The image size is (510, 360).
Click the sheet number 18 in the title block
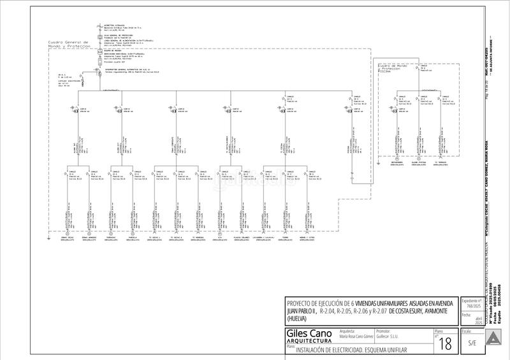click(446, 344)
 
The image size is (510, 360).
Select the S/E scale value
click(471, 343)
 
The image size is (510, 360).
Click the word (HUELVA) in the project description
click(297, 318)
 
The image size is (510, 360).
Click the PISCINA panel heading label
click(386, 72)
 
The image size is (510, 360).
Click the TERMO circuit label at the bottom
click(285, 237)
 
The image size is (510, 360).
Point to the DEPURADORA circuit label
click(401, 162)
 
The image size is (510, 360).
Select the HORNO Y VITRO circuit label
click(307, 237)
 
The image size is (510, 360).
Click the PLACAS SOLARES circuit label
click(240, 237)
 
